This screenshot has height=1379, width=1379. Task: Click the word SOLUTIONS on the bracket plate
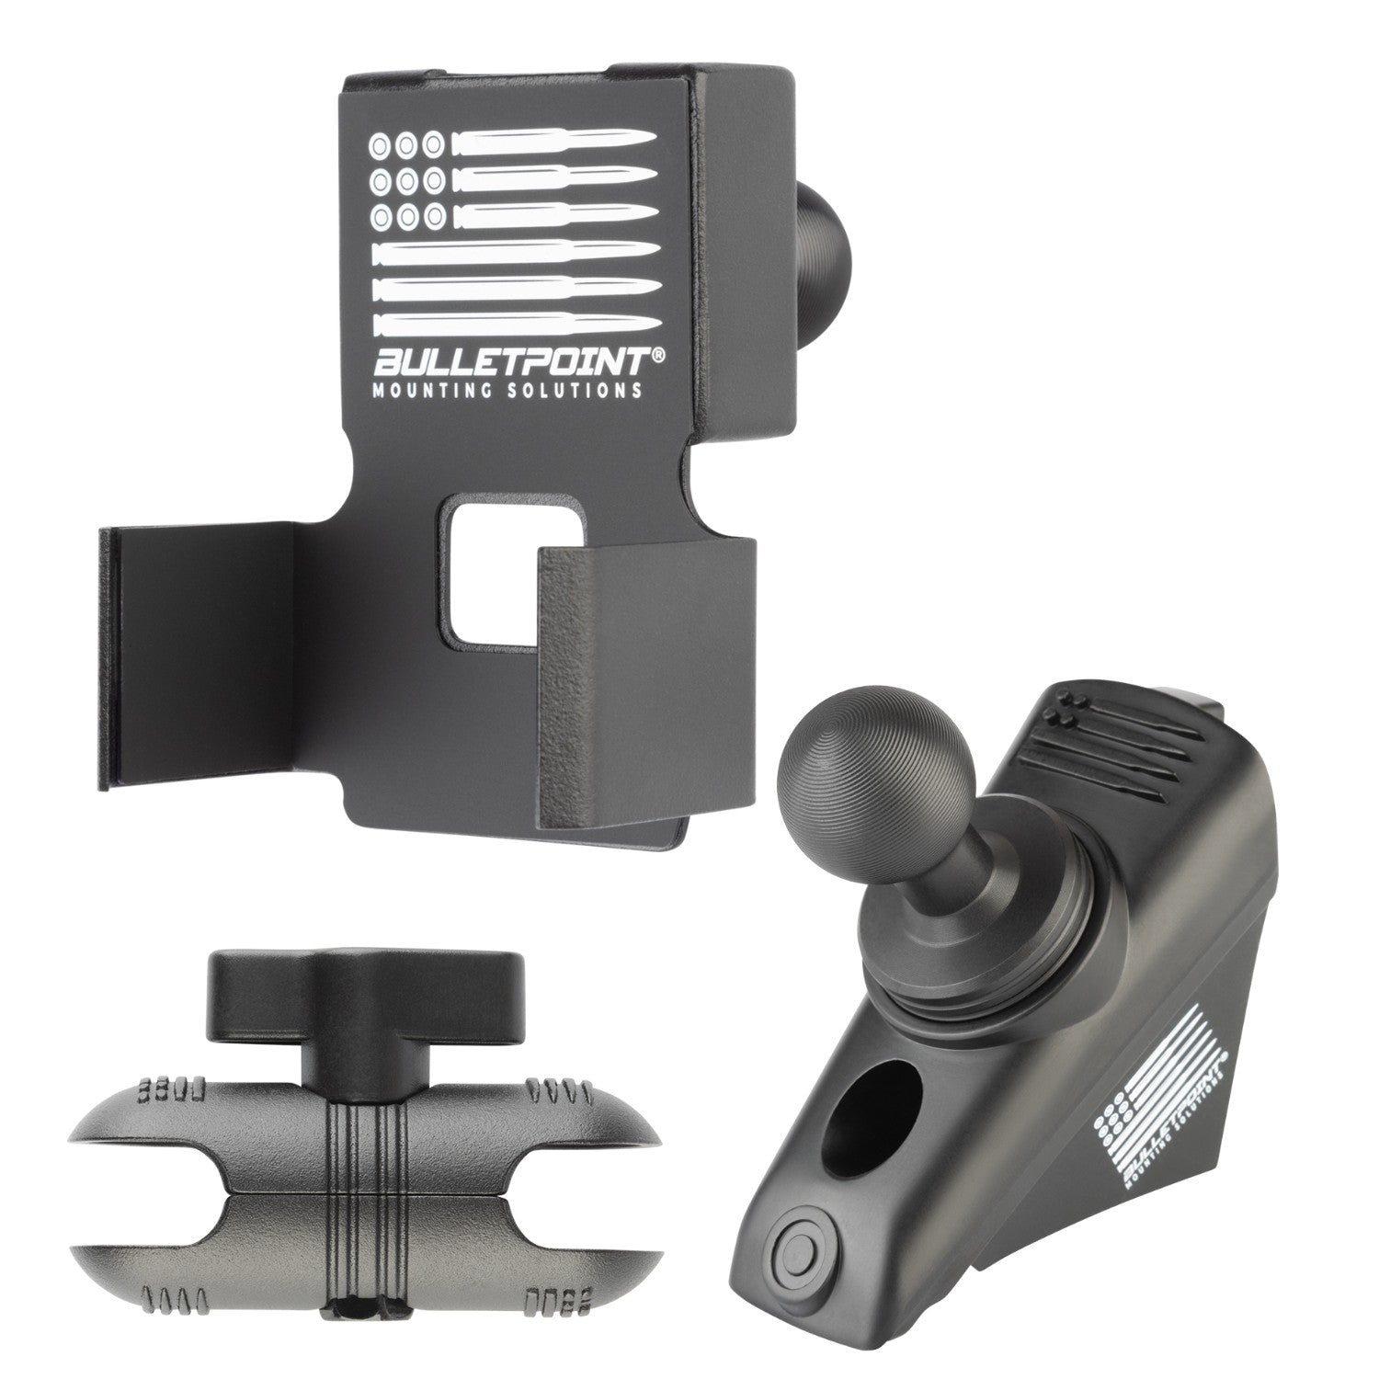coord(575,390)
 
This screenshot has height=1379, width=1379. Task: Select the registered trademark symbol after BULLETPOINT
coord(658,354)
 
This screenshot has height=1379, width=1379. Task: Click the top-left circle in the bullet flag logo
coord(379,144)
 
